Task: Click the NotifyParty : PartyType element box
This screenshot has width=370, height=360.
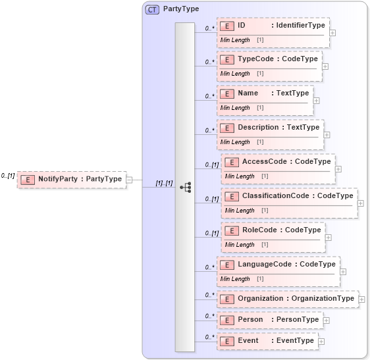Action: click(x=72, y=178)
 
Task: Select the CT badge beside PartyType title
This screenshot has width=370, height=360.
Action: click(x=152, y=10)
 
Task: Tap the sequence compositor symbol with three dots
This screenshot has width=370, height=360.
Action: click(x=185, y=187)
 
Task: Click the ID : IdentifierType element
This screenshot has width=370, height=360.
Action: click(x=273, y=26)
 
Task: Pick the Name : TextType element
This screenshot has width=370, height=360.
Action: click(x=265, y=93)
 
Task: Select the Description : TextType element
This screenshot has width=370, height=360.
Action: click(x=270, y=127)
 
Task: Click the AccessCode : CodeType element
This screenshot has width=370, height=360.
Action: click(x=278, y=161)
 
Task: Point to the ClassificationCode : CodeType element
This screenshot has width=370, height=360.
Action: click(x=289, y=196)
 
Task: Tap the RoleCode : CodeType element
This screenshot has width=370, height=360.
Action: click(x=273, y=230)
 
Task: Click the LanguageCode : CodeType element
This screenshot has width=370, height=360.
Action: click(x=278, y=265)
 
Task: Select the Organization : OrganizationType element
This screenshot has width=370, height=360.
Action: click(x=288, y=299)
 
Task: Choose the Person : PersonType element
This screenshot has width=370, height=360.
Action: click(x=270, y=320)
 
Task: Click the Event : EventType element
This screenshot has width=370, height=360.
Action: click(x=267, y=341)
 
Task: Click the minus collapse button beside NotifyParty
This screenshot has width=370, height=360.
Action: click(x=130, y=179)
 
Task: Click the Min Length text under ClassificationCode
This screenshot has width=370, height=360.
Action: click(x=240, y=211)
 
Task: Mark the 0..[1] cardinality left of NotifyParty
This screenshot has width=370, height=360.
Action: click(x=9, y=176)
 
